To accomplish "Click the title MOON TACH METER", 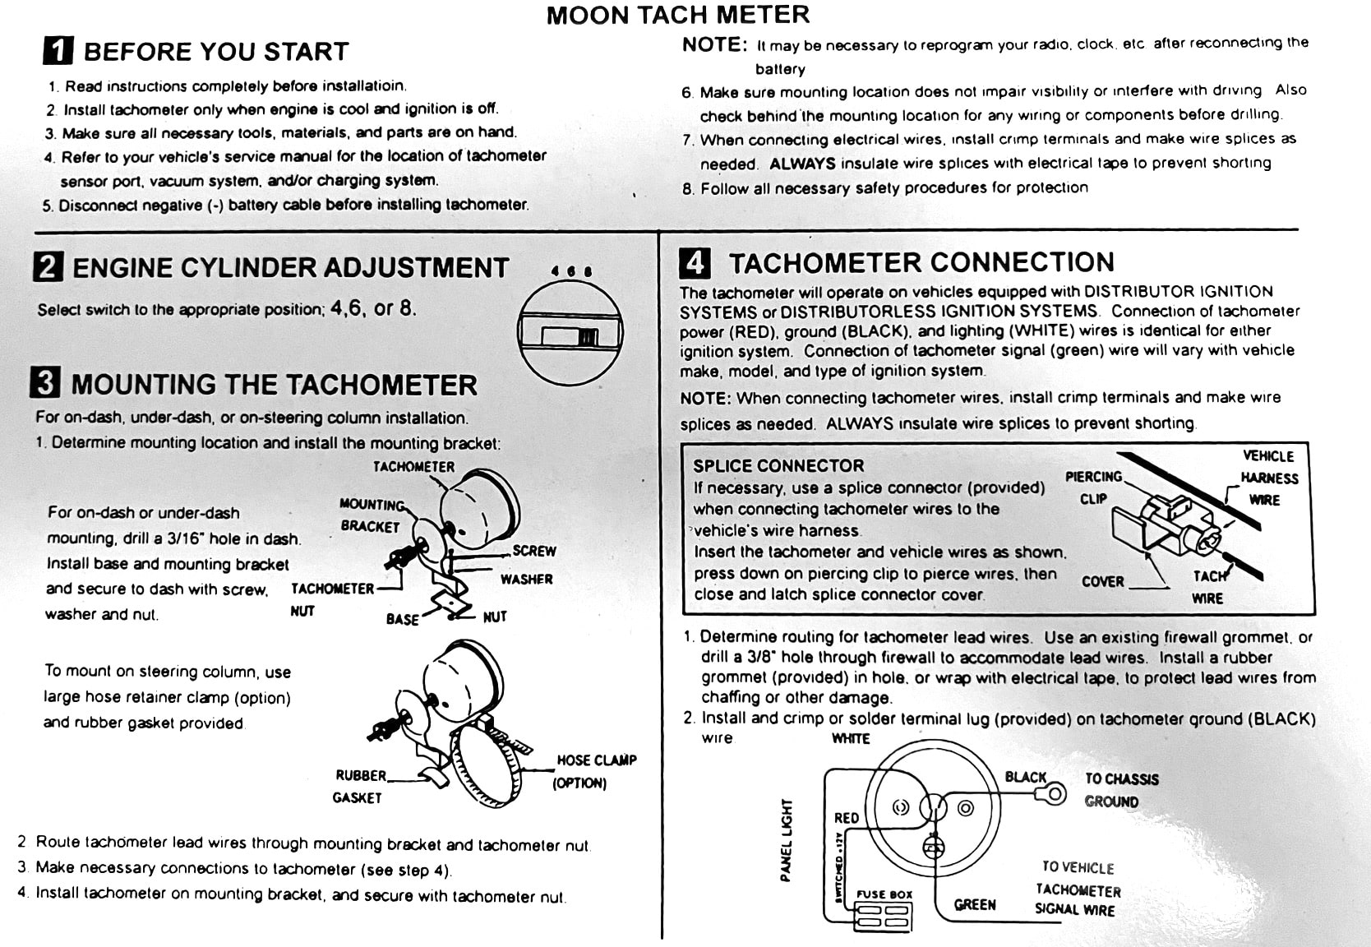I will click(x=677, y=15).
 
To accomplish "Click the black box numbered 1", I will click(x=58, y=51).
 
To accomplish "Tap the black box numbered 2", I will click(x=48, y=267).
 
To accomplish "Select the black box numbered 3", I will click(x=45, y=383).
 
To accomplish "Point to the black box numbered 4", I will click(x=695, y=263).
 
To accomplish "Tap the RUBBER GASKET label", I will click(x=359, y=786).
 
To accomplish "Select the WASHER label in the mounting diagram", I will click(x=526, y=579).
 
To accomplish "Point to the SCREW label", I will click(x=534, y=551).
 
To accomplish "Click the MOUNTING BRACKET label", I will click(x=371, y=515).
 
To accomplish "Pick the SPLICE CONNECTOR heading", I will click(x=778, y=465).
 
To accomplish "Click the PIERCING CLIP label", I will click(x=1093, y=487).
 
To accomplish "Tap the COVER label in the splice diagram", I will click(x=1102, y=581).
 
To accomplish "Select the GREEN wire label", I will click(x=975, y=904).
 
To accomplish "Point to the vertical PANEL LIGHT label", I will click(x=787, y=839).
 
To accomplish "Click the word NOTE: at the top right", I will click(x=714, y=45).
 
